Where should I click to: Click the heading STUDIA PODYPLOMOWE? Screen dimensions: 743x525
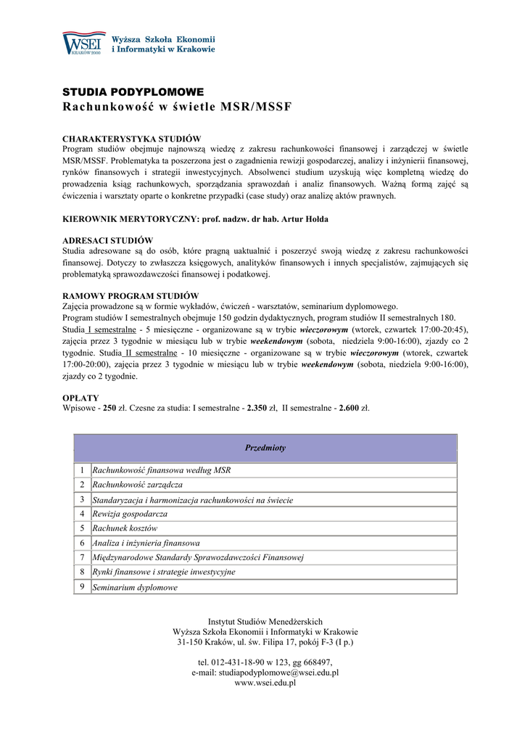[x=133, y=92]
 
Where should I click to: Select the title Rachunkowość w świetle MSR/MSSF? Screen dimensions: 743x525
[x=177, y=107]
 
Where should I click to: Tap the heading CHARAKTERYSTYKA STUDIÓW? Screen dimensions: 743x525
[x=132, y=139]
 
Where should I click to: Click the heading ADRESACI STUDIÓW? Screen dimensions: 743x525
[x=107, y=240]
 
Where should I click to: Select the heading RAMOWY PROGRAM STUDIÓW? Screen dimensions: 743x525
[x=131, y=296]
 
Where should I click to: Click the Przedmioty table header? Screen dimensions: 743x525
[x=265, y=448]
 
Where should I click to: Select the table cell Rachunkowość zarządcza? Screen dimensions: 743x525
[x=137, y=485]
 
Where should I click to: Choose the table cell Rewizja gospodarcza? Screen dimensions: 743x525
[x=130, y=514]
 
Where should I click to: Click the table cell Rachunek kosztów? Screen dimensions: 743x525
[x=125, y=528]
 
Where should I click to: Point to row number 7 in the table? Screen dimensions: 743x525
[x=83, y=557]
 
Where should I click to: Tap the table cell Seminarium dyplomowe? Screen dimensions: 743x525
[x=135, y=587]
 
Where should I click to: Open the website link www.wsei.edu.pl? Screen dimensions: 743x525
[x=265, y=684]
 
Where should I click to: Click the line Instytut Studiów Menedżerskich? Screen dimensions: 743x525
[x=265, y=622]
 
